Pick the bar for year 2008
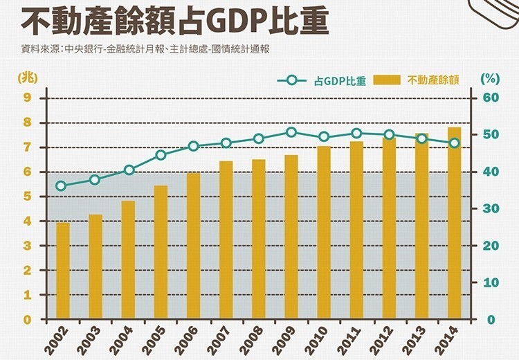259,239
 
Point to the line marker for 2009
291,132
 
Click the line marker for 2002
62,186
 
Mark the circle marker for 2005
161,155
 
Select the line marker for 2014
455,143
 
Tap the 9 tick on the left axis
28,98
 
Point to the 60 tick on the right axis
491,98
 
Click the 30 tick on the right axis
490,208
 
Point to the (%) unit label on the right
490,78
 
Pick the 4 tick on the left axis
28,222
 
